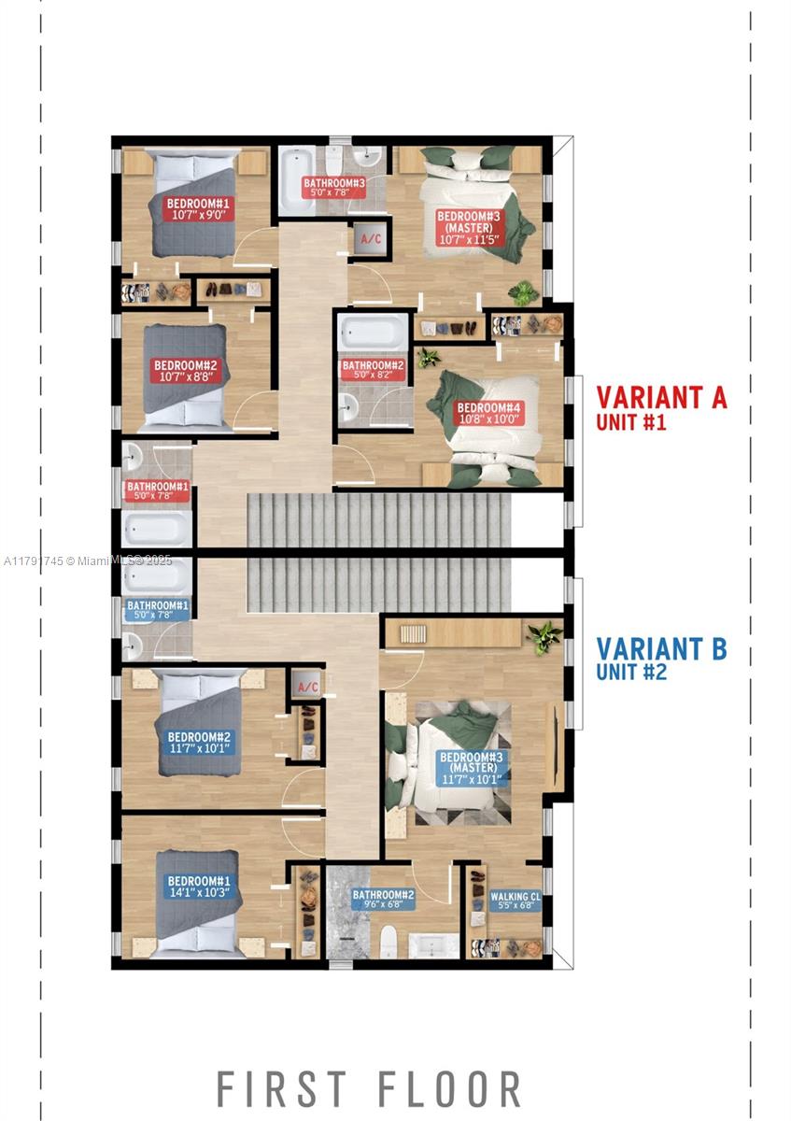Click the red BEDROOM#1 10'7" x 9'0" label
198,209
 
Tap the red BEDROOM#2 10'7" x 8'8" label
185,371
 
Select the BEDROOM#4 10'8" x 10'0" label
488,413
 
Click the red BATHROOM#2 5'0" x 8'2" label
373,370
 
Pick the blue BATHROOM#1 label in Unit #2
158,610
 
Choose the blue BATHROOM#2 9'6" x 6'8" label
383,900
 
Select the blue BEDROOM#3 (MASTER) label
473,768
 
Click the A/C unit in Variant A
371,238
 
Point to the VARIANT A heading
661,398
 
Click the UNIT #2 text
631,672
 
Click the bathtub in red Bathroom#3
296,180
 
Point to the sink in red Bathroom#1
133,456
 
